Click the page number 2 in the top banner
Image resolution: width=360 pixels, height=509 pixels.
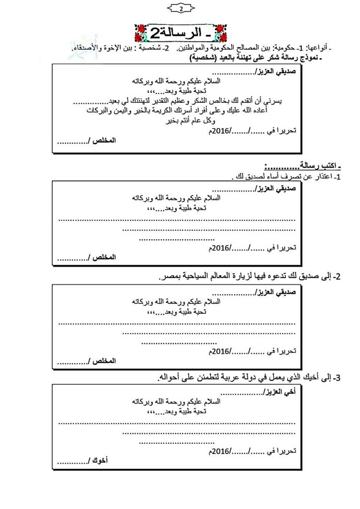(x=180, y=8)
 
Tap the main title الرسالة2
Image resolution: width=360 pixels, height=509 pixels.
(x=176, y=34)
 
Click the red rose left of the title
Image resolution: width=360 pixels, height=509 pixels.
(x=141, y=33)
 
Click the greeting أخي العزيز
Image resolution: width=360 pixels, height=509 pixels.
(x=280, y=391)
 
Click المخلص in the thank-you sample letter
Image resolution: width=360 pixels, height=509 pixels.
(x=104, y=141)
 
